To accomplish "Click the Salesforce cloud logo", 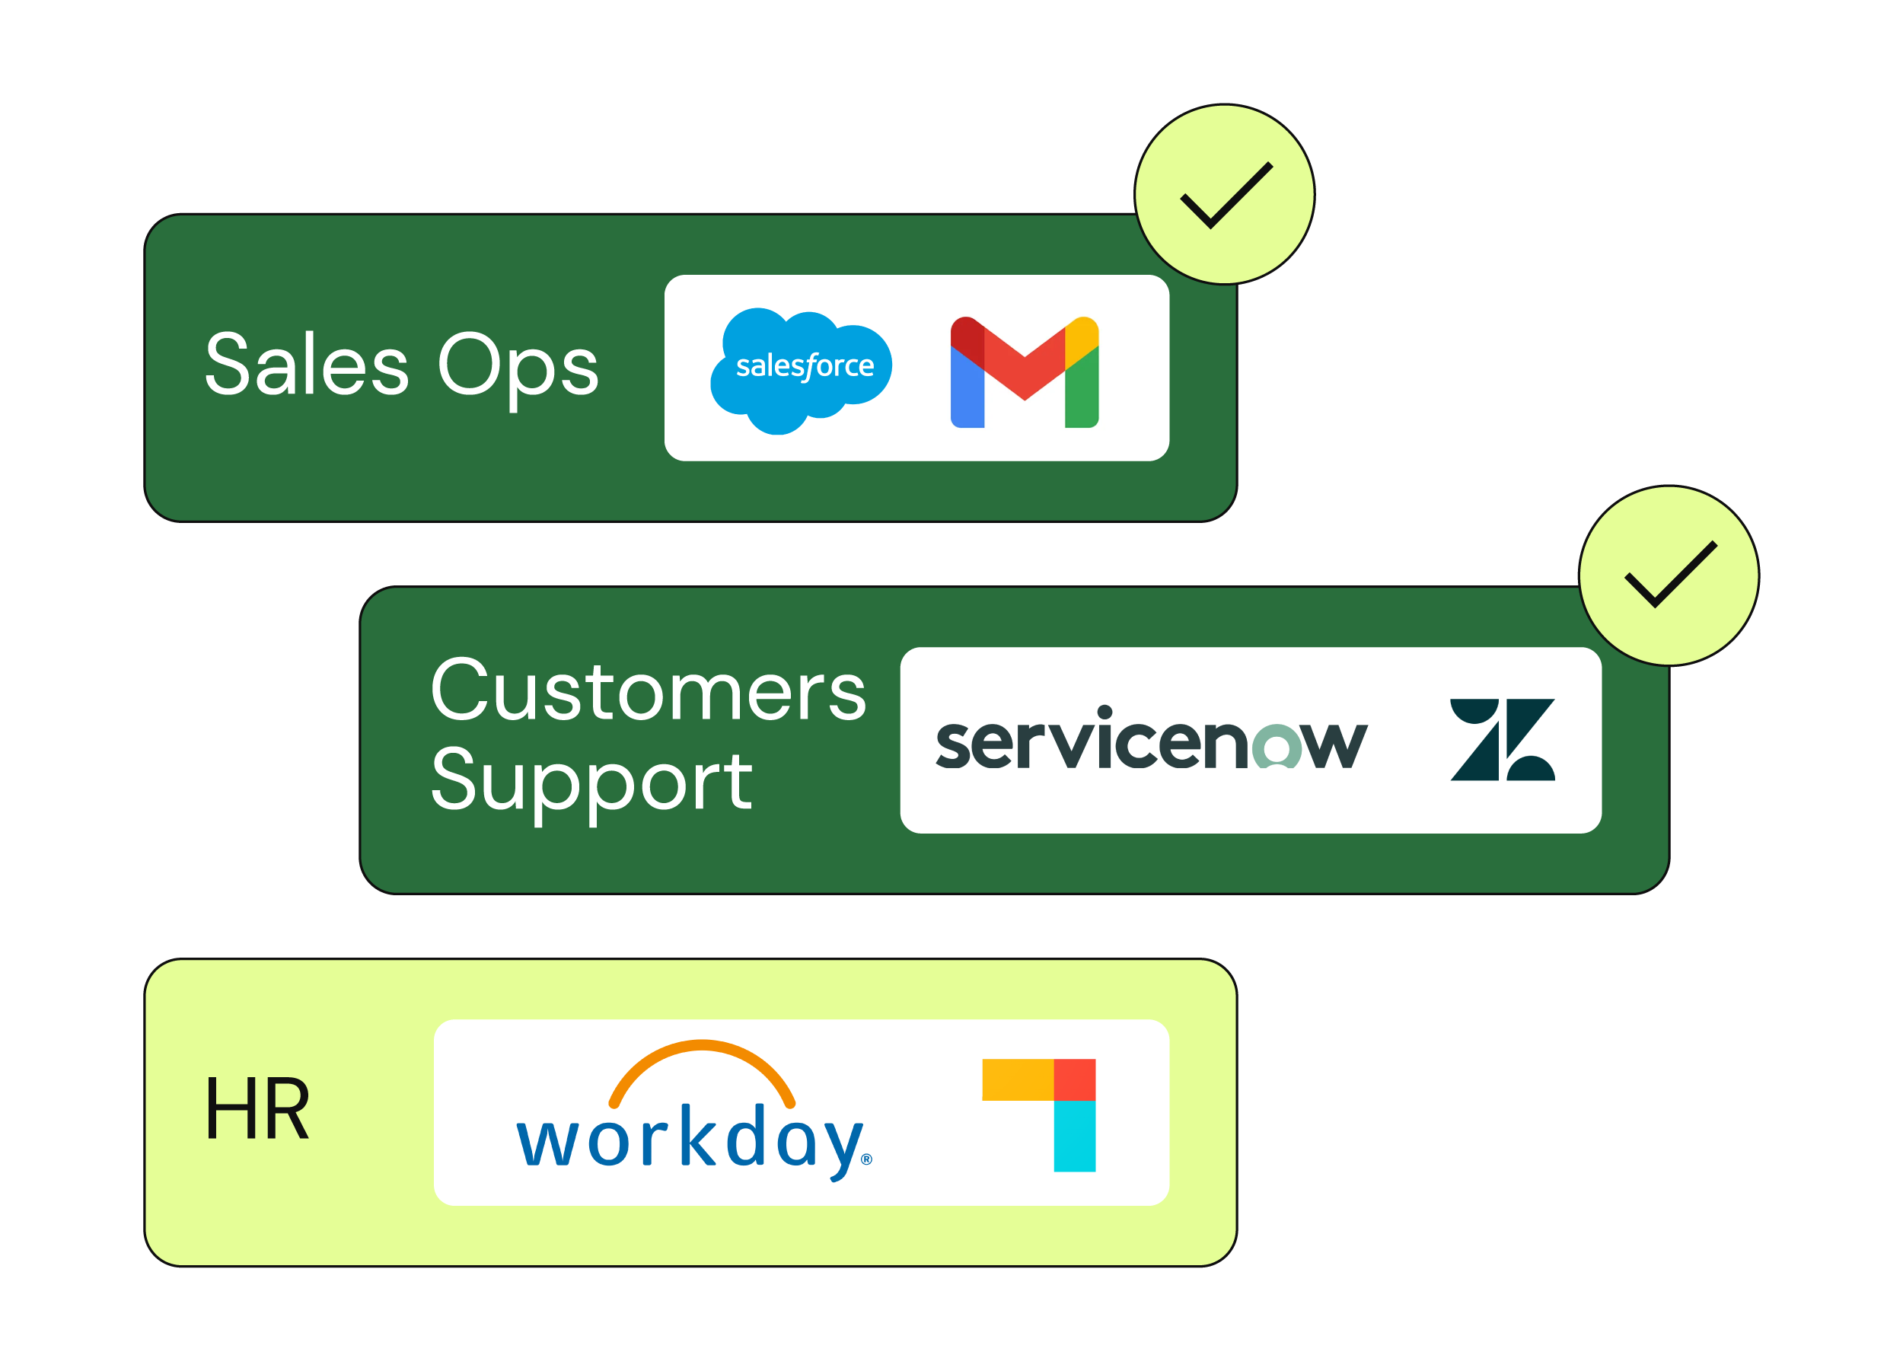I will pos(801,369).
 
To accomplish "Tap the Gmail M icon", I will pos(1024,371).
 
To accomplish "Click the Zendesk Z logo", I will pos(1502,739).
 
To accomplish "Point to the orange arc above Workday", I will pos(702,1052).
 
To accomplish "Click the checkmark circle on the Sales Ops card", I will pos(1224,195).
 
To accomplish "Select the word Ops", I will pos(518,367).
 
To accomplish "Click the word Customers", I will pos(647,690).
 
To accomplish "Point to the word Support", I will pos(591,782).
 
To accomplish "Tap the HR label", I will pos(257,1109).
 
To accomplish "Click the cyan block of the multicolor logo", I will pos(1074,1136).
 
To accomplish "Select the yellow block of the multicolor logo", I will pos(1017,1079).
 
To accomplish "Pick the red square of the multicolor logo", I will pos(1074,1079).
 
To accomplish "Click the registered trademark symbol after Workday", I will pos(867,1159).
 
